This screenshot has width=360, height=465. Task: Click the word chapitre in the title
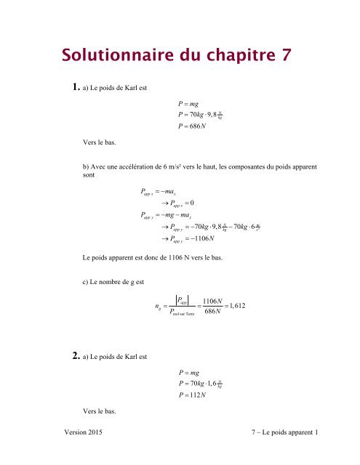[232, 55]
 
